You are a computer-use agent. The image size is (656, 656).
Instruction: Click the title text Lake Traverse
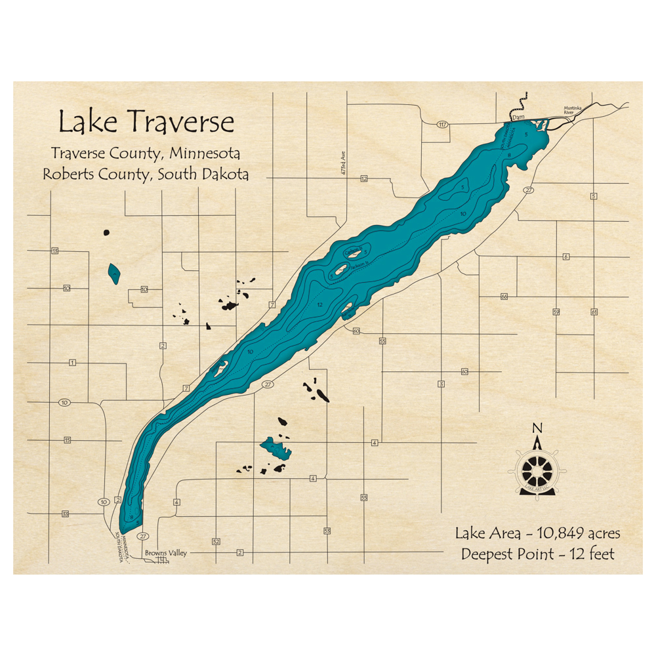146,122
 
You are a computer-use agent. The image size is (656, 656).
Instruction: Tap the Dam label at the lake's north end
519,117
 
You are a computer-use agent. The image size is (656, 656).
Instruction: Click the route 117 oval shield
443,124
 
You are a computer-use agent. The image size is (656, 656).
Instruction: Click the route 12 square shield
364,178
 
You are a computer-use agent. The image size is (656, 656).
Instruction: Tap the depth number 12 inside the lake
319,306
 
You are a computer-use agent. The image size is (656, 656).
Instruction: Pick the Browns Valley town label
166,553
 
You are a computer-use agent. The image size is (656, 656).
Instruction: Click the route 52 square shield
215,541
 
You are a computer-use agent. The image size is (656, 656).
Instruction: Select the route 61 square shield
594,312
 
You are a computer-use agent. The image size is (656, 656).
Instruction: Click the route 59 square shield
556,312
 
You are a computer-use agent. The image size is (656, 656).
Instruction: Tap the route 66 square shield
504,297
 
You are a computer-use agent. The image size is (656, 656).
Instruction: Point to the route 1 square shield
72,363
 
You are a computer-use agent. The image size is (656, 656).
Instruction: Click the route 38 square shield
66,514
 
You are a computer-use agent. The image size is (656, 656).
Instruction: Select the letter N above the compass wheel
537,429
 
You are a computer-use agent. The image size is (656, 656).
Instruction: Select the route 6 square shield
565,256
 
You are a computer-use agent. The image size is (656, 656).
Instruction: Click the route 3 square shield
441,384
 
